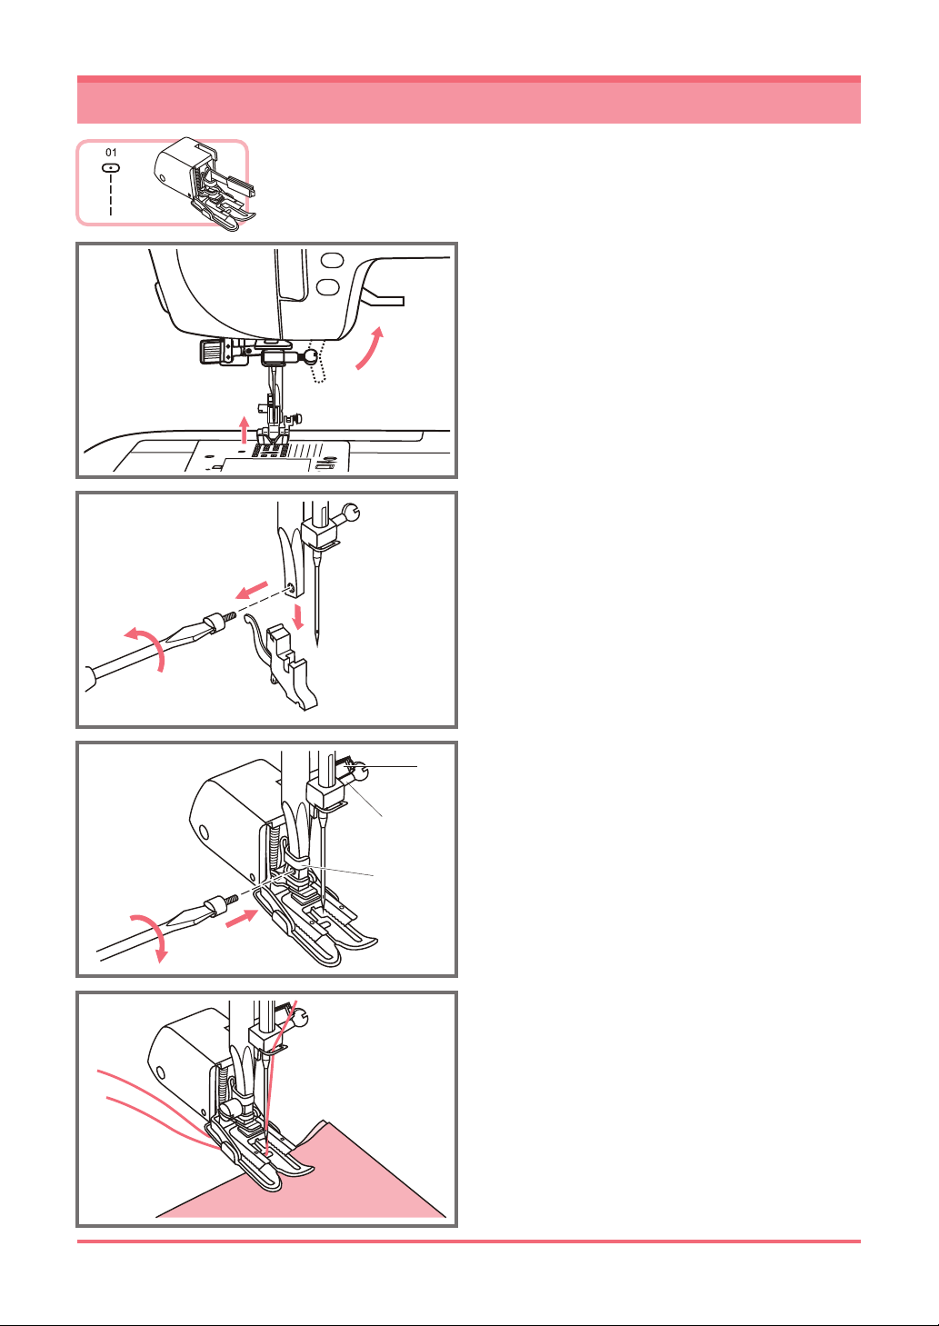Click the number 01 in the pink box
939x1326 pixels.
click(x=111, y=153)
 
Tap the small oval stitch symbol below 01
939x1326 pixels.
click(x=111, y=168)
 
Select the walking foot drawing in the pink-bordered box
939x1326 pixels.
click(x=205, y=184)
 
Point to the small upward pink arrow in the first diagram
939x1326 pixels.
click(x=244, y=430)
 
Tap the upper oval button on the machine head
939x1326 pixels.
click(x=332, y=261)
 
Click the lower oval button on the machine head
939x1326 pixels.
click(x=328, y=287)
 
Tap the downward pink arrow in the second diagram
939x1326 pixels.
click(x=298, y=617)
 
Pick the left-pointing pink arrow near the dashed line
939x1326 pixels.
click(x=252, y=590)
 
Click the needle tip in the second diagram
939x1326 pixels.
click(x=317, y=644)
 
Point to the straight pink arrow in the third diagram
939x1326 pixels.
click(x=242, y=918)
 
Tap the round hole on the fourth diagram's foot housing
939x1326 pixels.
click(x=161, y=1072)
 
